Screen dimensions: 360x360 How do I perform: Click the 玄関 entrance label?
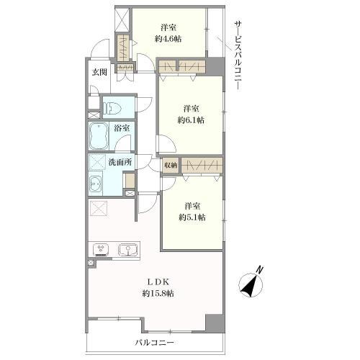pyautogui.click(x=99, y=72)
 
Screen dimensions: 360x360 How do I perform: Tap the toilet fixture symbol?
pyautogui.click(x=112, y=107)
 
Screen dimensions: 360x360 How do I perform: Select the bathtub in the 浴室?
pyautogui.click(x=99, y=137)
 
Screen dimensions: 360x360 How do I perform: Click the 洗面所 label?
pyautogui.click(x=120, y=163)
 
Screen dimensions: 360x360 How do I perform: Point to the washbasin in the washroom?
pyautogui.click(x=96, y=184)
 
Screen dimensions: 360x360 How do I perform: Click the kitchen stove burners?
pyautogui.click(x=101, y=250)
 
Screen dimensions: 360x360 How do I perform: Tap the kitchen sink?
pyautogui.click(x=128, y=251)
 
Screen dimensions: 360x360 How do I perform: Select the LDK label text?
pyautogui.click(x=158, y=282)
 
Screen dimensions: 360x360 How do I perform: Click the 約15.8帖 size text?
pyautogui.click(x=158, y=293)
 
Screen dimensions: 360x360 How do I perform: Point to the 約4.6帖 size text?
pyautogui.click(x=168, y=39)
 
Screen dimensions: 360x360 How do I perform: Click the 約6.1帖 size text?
pyautogui.click(x=191, y=120)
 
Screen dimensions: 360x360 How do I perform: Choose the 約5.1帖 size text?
pyautogui.click(x=192, y=217)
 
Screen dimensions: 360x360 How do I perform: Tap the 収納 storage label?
pyautogui.click(x=171, y=165)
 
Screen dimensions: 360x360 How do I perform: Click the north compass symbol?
pyautogui.click(x=251, y=284)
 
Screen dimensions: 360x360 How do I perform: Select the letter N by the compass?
pyautogui.click(x=260, y=270)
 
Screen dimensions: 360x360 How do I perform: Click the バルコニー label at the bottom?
pyautogui.click(x=154, y=343)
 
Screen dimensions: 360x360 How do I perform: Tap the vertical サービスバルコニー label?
pyautogui.click(x=238, y=56)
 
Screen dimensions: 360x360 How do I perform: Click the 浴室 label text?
pyautogui.click(x=122, y=128)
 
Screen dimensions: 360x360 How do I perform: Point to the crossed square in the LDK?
pyautogui.click(x=99, y=208)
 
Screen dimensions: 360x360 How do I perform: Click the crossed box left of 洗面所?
pyautogui.click(x=97, y=162)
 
